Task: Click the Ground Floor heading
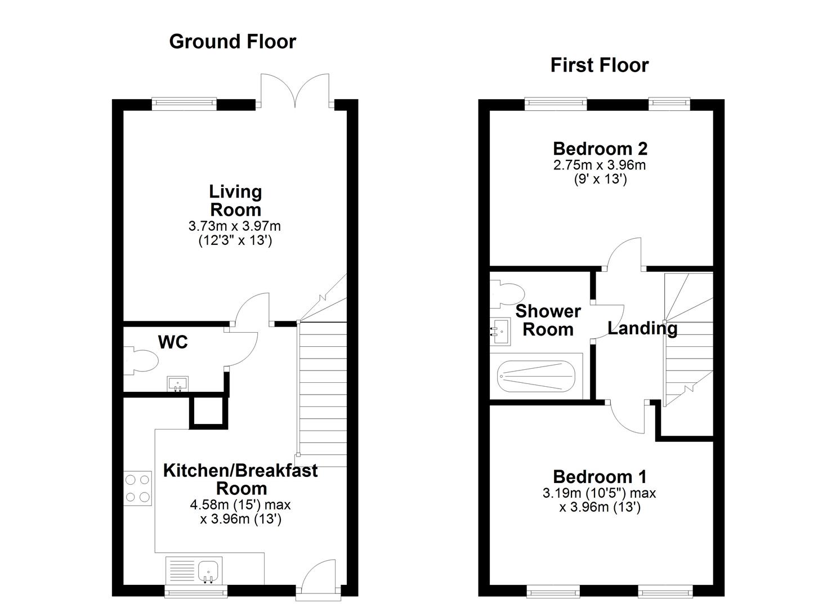[232, 42]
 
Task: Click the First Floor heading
[599, 65]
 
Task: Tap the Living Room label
[235, 200]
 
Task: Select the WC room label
[173, 342]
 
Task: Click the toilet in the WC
[141, 361]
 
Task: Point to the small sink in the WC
[178, 384]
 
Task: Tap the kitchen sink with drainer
[195, 570]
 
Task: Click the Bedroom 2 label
[600, 149]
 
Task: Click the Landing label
[642, 328]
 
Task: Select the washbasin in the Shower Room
[499, 332]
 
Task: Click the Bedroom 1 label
[600, 477]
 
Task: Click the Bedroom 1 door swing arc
[627, 419]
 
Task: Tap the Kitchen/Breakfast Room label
[240, 479]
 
